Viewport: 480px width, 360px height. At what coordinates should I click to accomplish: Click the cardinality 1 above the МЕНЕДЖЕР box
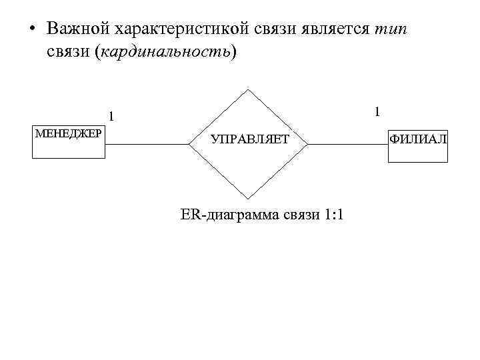pos(112,116)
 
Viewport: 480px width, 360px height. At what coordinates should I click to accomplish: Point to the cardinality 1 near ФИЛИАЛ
pos(377,111)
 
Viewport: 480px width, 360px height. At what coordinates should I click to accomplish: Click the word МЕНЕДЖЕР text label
pos(69,133)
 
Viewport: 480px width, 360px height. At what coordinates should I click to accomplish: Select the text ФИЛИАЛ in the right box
pos(418,139)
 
